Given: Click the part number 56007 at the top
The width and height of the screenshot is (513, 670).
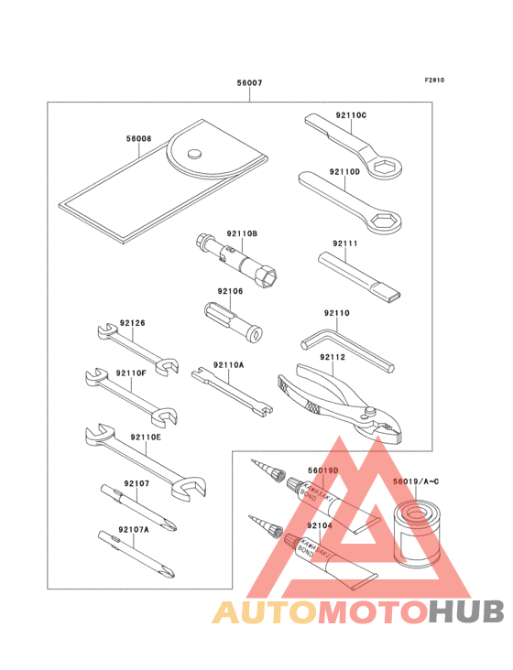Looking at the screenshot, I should [249, 83].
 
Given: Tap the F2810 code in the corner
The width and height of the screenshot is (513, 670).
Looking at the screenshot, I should [434, 80].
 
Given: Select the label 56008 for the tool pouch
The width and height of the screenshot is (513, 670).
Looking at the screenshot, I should [139, 140].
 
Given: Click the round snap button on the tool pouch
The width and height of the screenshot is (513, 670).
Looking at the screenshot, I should [195, 154].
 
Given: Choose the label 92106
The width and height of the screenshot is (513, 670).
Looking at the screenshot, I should [230, 292].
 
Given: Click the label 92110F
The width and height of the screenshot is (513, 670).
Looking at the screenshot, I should [132, 373].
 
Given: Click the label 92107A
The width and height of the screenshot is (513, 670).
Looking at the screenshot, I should [134, 528].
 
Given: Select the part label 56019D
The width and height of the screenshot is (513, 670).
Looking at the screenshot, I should [322, 470].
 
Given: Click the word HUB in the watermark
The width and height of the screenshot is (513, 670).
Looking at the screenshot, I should [466, 612].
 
